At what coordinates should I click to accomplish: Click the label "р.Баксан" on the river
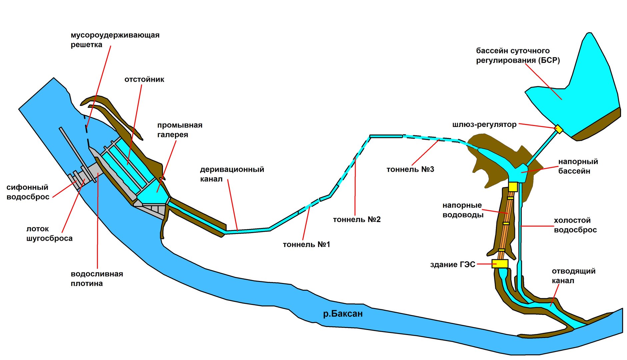(343, 314)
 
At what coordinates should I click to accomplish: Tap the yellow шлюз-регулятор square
(558, 129)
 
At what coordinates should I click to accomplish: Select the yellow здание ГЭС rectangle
(500, 264)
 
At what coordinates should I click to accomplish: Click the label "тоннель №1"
(306, 244)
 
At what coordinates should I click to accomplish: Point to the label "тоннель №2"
(357, 219)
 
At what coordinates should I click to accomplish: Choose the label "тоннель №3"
(410, 169)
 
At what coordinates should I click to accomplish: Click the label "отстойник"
(144, 79)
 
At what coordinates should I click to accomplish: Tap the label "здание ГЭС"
(453, 264)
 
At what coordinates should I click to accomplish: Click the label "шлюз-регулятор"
(484, 125)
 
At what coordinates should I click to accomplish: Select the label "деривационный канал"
(232, 174)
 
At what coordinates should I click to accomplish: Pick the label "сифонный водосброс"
(28, 192)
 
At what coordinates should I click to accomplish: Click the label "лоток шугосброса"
(49, 233)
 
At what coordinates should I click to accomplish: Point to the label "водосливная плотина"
(97, 279)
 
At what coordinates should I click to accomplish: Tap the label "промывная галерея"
(180, 130)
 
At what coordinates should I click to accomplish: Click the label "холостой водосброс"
(575, 225)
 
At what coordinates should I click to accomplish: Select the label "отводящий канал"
(574, 276)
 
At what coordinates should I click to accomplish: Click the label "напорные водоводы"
(463, 210)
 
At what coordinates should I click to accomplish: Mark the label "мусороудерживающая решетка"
(115, 40)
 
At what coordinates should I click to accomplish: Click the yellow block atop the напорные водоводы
(513, 187)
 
